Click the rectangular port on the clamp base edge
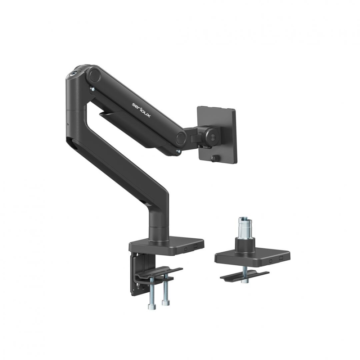coord(195,246)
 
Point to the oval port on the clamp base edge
coord(186,248)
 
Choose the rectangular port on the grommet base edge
coord(280,258)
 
